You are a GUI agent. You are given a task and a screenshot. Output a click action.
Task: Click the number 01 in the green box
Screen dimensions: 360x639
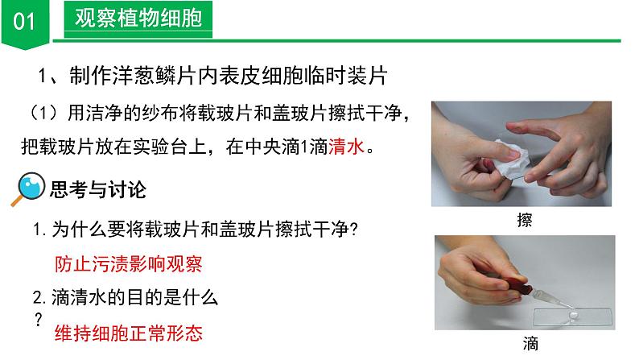(25, 20)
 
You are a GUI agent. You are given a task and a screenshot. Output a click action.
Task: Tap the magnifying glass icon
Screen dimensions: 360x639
(31, 191)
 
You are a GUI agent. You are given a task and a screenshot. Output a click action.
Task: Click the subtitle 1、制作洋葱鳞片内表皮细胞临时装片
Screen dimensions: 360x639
(213, 76)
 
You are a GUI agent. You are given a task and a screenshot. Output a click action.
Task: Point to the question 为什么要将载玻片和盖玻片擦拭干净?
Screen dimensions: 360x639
(204, 230)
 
